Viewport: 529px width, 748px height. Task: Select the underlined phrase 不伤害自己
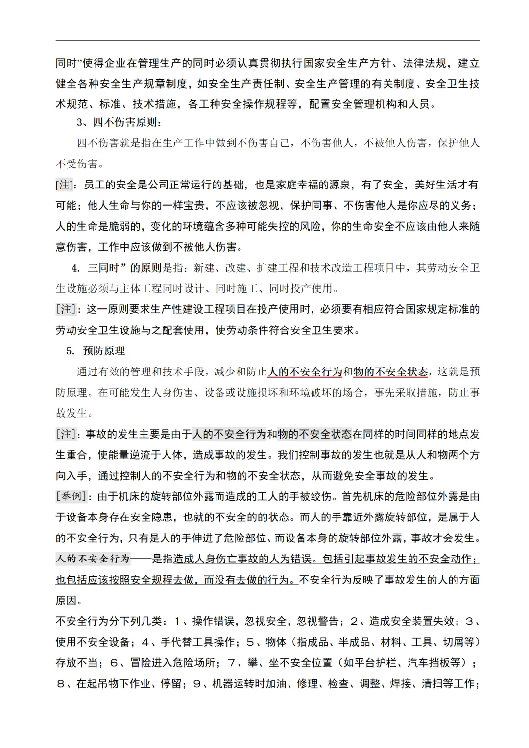click(x=263, y=143)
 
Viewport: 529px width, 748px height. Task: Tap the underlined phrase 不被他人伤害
click(x=395, y=143)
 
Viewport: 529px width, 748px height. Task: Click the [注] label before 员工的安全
click(x=64, y=185)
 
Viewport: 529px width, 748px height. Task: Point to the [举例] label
click(x=72, y=496)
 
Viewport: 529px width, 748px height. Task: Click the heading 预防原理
click(x=104, y=351)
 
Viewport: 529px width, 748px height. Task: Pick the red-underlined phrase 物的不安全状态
click(x=390, y=372)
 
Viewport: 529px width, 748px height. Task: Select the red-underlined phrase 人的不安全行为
click(x=305, y=372)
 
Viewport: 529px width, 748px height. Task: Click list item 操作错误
click(x=213, y=621)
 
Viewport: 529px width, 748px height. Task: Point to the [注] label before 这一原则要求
click(x=66, y=309)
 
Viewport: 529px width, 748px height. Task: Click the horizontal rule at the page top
click(x=267, y=41)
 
